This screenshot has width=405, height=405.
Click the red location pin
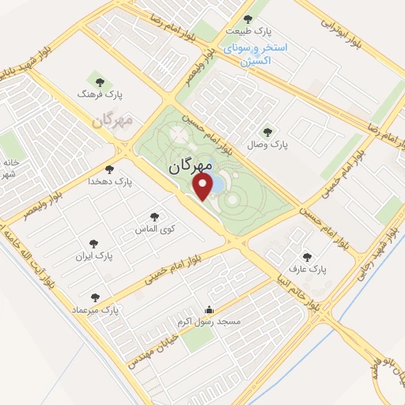(204, 187)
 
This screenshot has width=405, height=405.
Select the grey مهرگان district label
(110, 121)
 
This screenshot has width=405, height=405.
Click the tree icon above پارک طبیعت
(248, 19)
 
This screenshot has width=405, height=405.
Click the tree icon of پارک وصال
(265, 131)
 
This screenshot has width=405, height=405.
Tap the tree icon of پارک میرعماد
(96, 297)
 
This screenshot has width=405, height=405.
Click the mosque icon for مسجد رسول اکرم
(208, 309)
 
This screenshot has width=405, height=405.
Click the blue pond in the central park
(220, 184)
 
